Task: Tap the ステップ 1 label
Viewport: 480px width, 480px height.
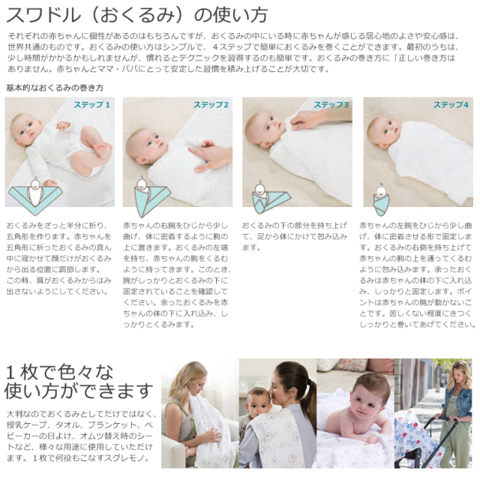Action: point(91,105)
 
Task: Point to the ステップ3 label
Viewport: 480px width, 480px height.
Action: point(331,105)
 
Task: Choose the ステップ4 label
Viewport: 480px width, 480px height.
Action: point(451,105)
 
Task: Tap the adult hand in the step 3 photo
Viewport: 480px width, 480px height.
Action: point(307,118)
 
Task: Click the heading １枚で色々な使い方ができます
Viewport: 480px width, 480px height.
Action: point(79,381)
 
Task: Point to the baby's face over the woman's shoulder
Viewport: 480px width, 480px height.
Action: point(259,405)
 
